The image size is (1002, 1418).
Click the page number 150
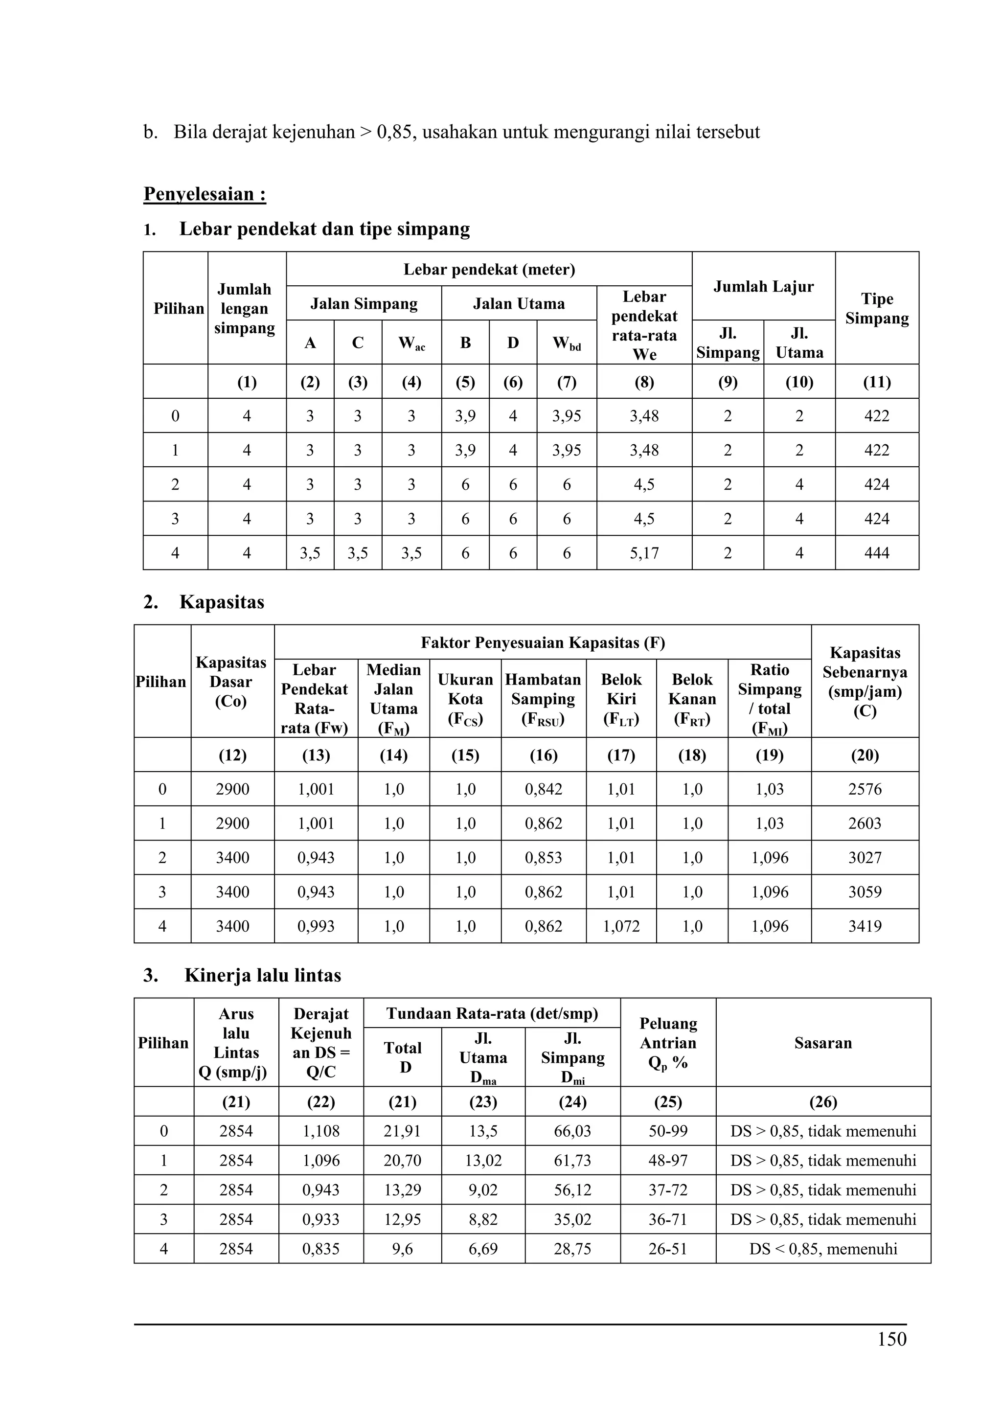[x=891, y=1339]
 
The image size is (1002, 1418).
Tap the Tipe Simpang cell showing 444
[x=876, y=553]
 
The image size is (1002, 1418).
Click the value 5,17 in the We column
[x=644, y=553]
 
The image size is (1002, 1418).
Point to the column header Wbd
[x=566, y=343]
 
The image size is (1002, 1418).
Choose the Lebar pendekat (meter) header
[x=489, y=269]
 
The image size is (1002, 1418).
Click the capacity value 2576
[x=865, y=789]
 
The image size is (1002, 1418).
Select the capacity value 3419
[x=865, y=926]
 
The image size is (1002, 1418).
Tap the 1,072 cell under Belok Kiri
[x=621, y=926]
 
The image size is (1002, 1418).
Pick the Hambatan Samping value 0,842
[x=543, y=789]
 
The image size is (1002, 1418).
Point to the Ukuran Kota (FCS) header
[x=465, y=699]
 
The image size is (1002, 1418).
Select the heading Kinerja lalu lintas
[x=262, y=975]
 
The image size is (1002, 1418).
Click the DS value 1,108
[x=321, y=1131]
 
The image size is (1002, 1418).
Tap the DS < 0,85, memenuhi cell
[x=823, y=1248]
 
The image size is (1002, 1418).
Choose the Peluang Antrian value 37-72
[x=668, y=1189]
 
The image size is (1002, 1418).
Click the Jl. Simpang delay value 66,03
[x=572, y=1131]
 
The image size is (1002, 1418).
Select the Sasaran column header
[x=823, y=1043]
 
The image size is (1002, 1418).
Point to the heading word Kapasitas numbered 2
[x=222, y=602]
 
